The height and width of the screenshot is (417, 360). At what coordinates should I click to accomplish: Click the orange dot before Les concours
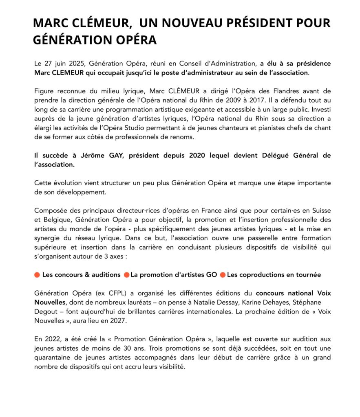point(37,275)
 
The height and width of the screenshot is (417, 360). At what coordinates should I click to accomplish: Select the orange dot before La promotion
point(126,275)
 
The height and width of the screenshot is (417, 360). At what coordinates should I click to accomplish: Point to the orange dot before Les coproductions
point(223,275)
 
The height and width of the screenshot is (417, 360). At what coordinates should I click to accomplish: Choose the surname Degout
point(47,311)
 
